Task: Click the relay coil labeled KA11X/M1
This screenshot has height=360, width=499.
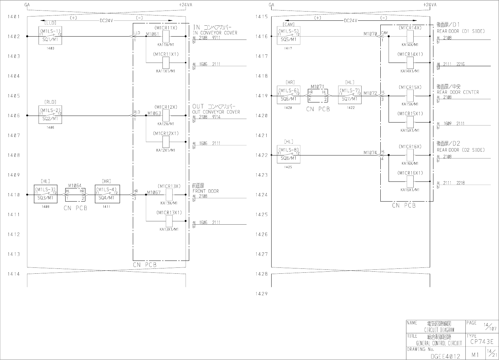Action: tap(166, 36)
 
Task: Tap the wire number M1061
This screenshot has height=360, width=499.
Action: tap(152, 34)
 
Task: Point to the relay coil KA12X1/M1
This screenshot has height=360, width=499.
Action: tap(166, 142)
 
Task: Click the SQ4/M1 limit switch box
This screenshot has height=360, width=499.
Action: tap(107, 194)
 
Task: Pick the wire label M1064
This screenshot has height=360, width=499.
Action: tap(75, 186)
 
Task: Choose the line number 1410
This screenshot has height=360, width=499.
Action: tap(14, 195)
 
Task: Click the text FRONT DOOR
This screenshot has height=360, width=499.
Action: tap(206, 191)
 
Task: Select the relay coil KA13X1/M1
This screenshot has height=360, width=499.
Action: tap(169, 221)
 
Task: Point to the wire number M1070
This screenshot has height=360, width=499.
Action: tap(370, 34)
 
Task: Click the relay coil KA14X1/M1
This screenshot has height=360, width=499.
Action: tap(410, 63)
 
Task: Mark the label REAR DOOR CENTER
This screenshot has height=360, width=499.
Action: tap(458, 92)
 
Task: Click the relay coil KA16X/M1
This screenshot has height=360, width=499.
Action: tap(410, 155)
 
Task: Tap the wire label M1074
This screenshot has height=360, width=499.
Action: tap(370, 152)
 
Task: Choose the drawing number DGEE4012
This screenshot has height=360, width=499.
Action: tap(445, 356)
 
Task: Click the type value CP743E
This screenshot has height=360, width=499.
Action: tap(482, 342)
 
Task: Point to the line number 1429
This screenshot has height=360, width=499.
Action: tap(261, 294)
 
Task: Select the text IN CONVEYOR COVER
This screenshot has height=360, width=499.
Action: tap(215, 33)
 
